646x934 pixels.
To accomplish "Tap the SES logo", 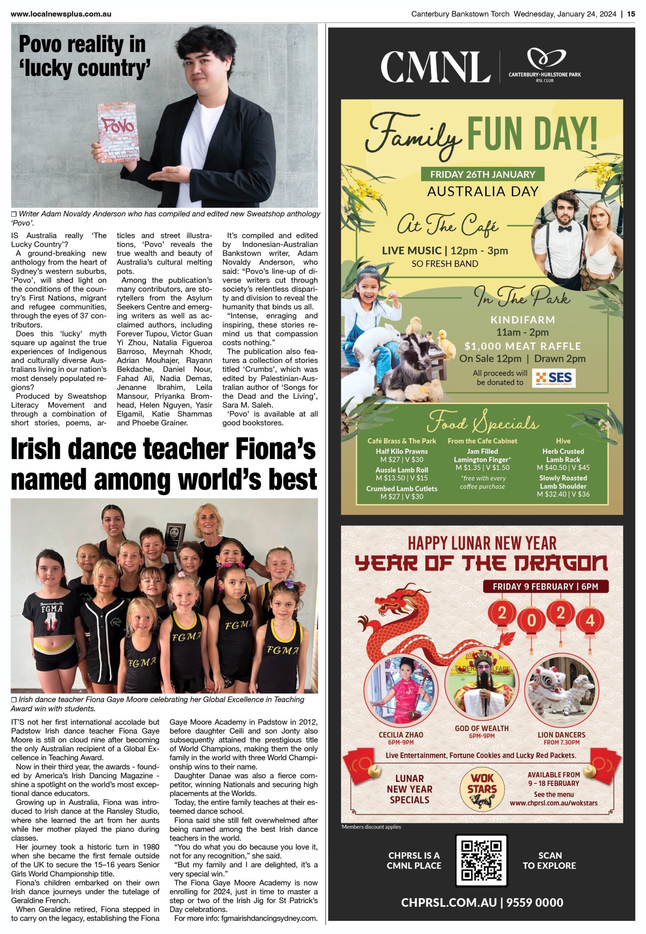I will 553,378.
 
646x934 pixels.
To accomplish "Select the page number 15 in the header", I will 631,14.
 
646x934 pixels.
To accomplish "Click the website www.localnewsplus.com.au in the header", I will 61,14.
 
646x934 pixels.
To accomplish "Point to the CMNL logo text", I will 435,67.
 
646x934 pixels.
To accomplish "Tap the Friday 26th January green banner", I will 482,174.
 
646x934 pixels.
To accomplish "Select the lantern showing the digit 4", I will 590,620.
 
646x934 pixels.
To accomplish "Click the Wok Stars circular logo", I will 482,788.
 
